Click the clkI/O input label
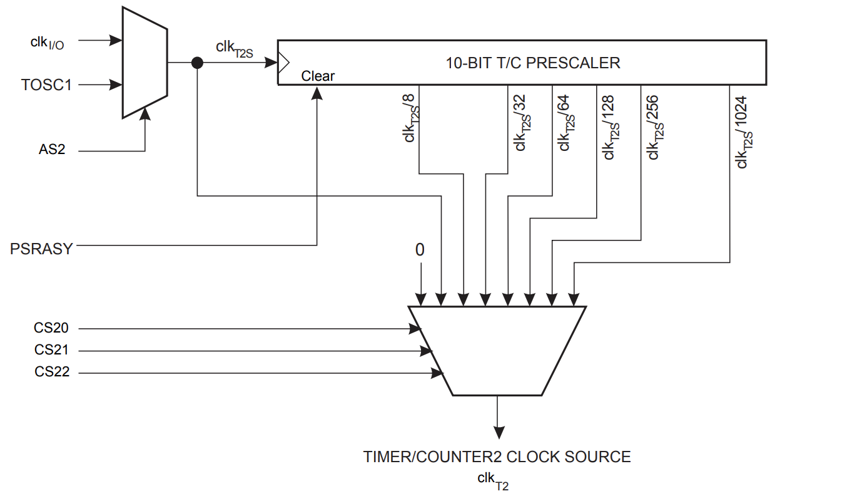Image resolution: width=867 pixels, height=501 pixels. pyautogui.click(x=47, y=43)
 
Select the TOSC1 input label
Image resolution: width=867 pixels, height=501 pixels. pyautogui.click(x=46, y=85)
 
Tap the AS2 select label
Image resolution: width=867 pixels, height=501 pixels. pyautogui.click(x=52, y=150)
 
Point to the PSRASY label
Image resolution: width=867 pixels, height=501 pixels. pyautogui.click(x=41, y=248)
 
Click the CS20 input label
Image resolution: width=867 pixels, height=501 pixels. pyautogui.click(x=52, y=328)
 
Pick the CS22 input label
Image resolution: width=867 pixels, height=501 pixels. pyautogui.click(x=52, y=373)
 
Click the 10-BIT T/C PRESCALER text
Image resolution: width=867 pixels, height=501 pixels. pyautogui.click(x=533, y=63)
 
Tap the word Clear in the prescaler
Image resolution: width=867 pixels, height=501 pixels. pyautogui.click(x=318, y=76)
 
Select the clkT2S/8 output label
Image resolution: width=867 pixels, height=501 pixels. pyautogui.click(x=411, y=120)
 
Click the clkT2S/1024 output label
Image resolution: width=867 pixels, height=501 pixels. pyautogui.click(x=743, y=132)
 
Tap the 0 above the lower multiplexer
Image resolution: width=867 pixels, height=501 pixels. pyautogui.click(x=420, y=250)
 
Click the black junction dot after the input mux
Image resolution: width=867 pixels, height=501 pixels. pyautogui.click(x=197, y=63)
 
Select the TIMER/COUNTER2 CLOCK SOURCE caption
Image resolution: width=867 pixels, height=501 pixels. pyautogui.click(x=497, y=457)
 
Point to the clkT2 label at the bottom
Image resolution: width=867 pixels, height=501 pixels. pyautogui.click(x=493, y=480)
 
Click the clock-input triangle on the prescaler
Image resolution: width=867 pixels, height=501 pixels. pyautogui.click(x=283, y=63)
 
